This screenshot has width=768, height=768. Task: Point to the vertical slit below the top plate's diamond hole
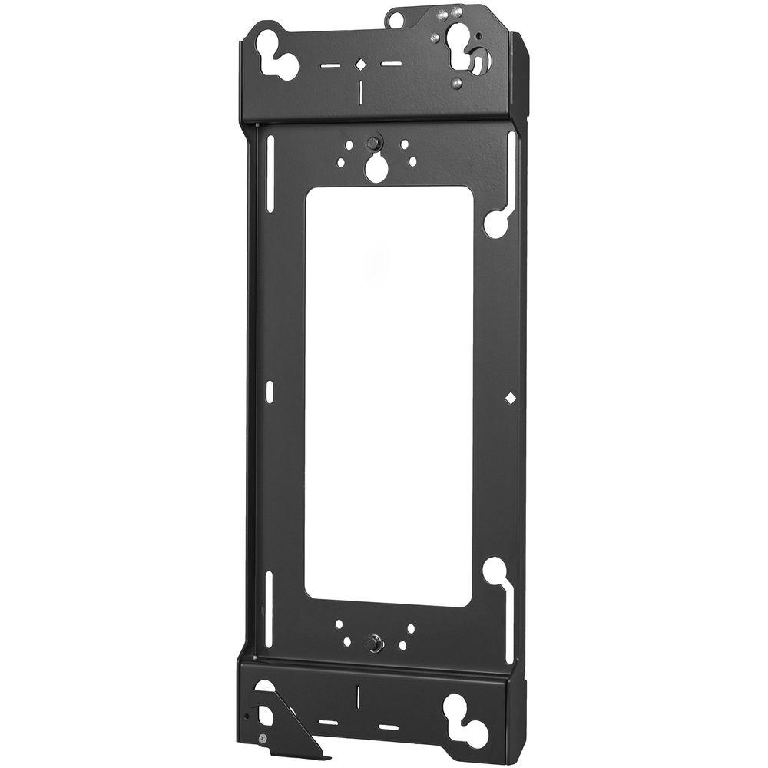[359, 91]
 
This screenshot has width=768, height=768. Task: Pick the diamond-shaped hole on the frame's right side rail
[508, 398]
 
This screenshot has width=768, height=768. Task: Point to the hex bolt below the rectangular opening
[374, 642]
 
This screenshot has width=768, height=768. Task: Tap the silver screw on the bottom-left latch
[265, 737]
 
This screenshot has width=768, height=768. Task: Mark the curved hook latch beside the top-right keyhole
[478, 61]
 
